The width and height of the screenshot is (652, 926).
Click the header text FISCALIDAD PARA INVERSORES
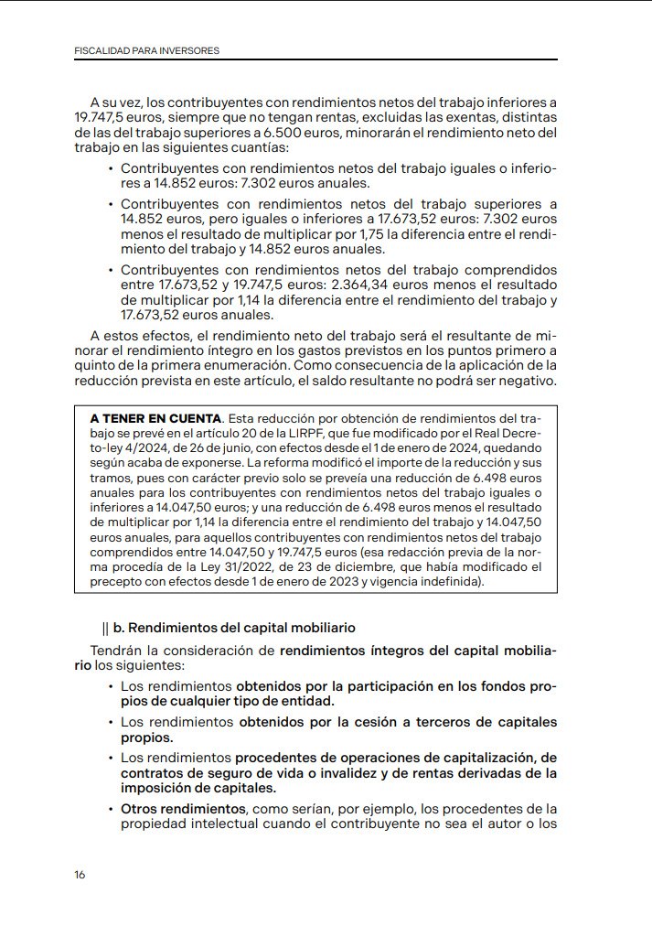click(146, 50)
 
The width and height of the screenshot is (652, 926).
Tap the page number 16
click(80, 875)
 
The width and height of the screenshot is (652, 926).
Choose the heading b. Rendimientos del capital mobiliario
click(234, 628)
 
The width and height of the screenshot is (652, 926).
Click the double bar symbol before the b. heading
click(106, 628)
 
